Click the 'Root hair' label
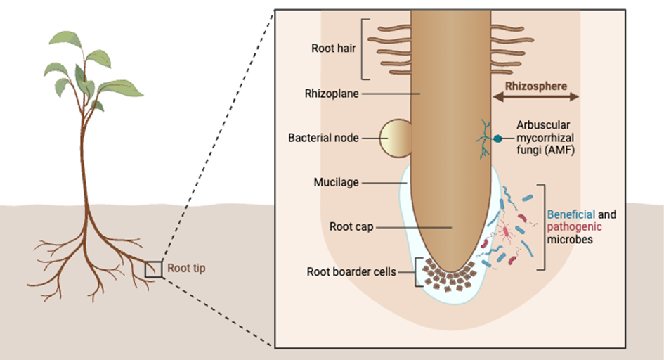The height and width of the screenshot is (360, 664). coord(334,49)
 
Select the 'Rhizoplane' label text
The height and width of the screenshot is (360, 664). coord(330,93)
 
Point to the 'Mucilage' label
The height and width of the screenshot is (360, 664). coord(336,182)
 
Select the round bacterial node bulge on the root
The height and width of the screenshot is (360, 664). coord(396,138)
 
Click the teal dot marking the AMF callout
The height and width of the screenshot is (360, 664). coord(497,139)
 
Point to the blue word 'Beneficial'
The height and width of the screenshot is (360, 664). coord(571,213)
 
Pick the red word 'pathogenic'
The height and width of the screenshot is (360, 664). coord(573,226)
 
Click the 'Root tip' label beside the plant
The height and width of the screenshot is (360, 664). coord(186,268)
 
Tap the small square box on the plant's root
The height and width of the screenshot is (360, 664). coord(154,269)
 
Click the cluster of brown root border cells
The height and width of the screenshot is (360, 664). coord(446,277)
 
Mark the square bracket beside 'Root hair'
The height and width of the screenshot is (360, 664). coord(364,49)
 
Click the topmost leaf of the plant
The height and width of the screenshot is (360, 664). coord(67,39)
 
